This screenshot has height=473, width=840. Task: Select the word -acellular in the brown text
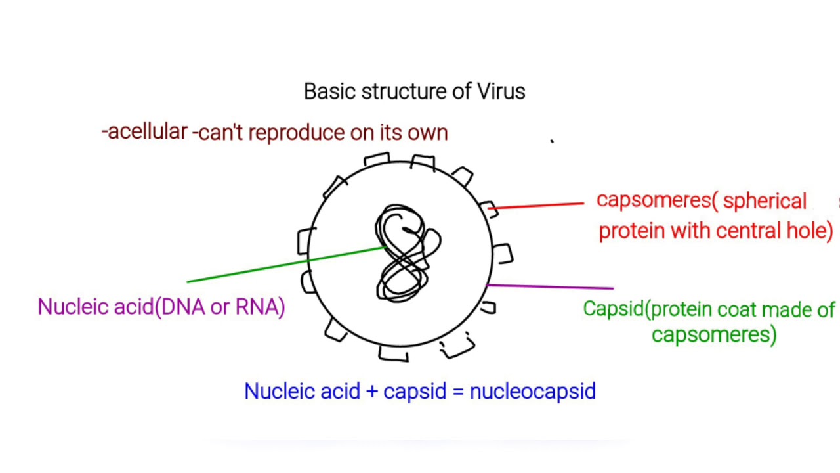[145, 131]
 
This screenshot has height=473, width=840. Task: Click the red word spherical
[765, 200]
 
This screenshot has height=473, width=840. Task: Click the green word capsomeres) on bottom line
[714, 334]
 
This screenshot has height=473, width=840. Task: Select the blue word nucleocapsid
[533, 392]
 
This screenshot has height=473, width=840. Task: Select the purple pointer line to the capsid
[551, 286]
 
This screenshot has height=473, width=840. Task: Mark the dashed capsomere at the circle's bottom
[457, 346]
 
